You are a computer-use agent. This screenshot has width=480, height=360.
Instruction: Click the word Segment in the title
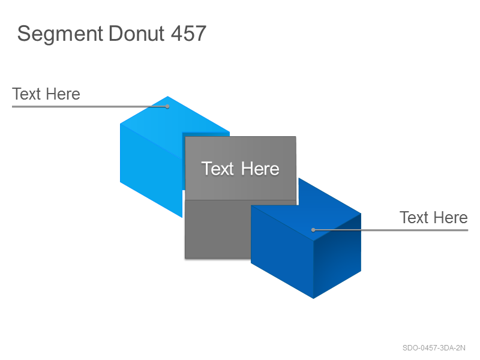click(x=60, y=34)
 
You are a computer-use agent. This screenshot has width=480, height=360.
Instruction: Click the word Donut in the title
click(x=137, y=34)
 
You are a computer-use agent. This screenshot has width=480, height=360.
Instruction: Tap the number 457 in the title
click(x=188, y=34)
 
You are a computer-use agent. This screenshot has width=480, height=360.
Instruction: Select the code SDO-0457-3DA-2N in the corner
click(x=434, y=348)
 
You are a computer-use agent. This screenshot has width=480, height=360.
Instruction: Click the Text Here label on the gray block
click(x=241, y=169)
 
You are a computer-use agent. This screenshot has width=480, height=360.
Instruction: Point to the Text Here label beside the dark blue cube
click(x=433, y=217)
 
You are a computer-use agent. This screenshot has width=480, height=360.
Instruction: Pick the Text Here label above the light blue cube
click(x=46, y=94)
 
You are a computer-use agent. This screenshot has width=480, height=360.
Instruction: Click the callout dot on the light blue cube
click(x=167, y=107)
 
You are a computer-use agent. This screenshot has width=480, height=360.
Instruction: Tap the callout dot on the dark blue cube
click(x=313, y=230)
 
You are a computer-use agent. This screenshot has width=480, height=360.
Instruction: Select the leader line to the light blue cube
click(x=89, y=107)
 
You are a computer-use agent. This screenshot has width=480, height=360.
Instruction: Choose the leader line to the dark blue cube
click(x=391, y=230)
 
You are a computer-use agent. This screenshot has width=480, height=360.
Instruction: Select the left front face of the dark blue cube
click(x=282, y=251)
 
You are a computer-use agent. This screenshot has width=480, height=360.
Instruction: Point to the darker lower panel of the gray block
click(x=217, y=229)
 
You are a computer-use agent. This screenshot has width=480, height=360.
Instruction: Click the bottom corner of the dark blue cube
click(x=313, y=298)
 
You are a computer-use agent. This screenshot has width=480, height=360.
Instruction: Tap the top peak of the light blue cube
click(x=168, y=97)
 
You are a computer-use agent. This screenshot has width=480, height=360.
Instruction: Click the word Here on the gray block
click(x=260, y=169)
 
